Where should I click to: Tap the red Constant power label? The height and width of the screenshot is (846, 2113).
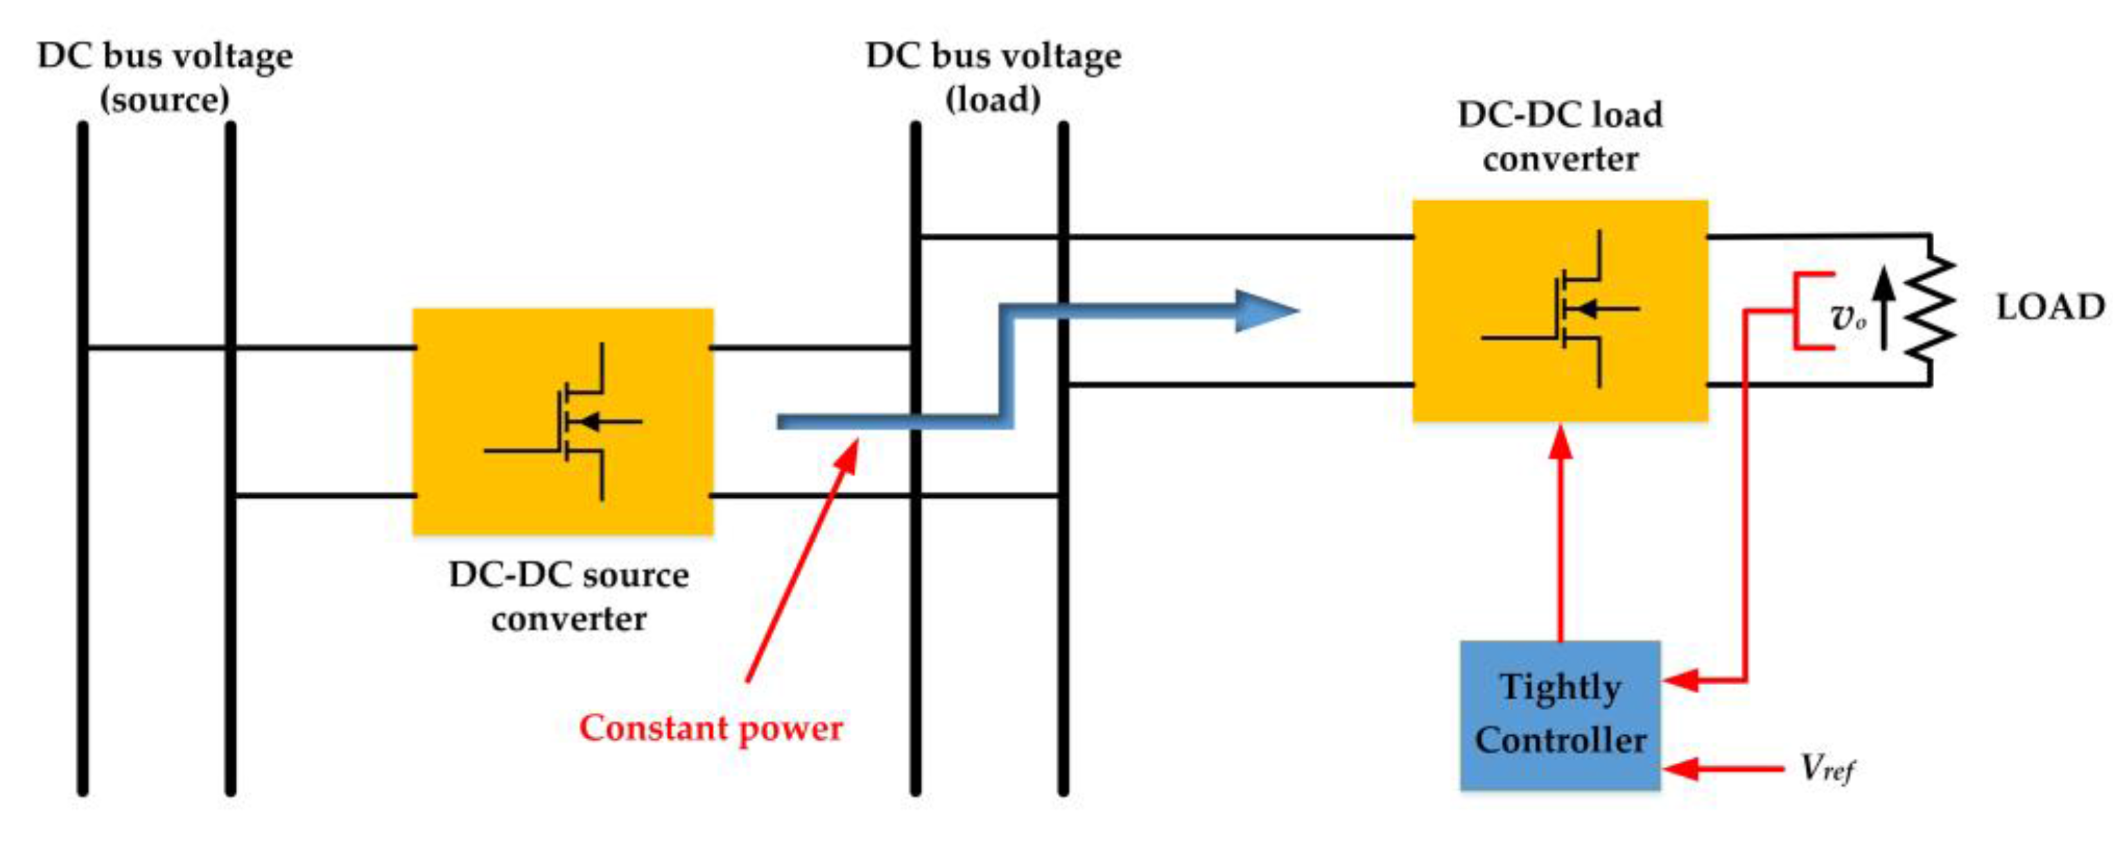711,728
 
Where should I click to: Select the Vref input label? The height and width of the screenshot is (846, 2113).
1826,769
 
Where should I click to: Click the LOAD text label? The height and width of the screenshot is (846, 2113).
2049,308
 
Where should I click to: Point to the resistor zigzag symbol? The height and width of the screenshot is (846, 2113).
1929,308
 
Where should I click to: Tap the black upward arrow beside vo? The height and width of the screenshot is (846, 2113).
1884,308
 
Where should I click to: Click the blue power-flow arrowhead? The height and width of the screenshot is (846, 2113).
1263,311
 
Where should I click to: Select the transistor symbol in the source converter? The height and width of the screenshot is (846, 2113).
574,422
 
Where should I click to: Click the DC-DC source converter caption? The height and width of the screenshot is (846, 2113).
568,596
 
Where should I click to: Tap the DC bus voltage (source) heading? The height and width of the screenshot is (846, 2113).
165,77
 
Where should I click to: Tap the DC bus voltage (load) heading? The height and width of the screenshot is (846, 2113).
993,77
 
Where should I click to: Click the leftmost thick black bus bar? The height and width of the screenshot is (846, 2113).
83,460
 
